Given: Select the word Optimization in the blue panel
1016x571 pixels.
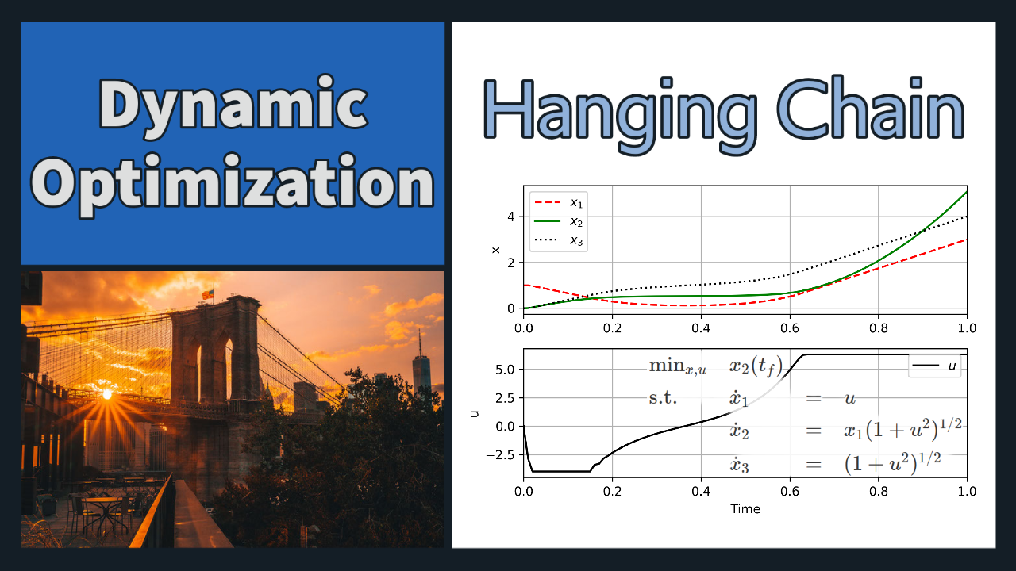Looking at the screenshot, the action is pos(233,185).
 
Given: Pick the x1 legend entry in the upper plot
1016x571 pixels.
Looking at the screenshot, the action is pos(558,202).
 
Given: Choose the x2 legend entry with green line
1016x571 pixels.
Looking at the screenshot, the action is pos(558,221).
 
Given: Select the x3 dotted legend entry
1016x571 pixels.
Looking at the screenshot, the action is pos(558,240).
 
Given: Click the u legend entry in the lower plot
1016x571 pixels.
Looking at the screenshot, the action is pos(934,366).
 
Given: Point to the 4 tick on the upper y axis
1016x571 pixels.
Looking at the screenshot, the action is pos(511,217).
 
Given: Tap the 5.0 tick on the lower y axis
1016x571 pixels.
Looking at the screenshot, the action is pos(505,370).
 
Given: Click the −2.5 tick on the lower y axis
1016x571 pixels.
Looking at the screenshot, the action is pos(500,455).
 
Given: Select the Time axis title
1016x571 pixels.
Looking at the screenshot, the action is pos(745,509).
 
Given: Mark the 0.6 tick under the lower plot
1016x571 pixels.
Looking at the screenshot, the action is pos(790,491).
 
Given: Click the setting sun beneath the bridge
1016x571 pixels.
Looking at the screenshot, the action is pos(107,394).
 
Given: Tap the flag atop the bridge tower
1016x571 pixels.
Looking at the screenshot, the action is pos(208,294).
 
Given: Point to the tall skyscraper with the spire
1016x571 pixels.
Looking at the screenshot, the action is pos(421,370).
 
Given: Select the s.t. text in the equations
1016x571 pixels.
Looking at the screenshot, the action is pos(663,398).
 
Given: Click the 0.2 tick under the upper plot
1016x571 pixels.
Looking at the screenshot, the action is pos(612,328).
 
